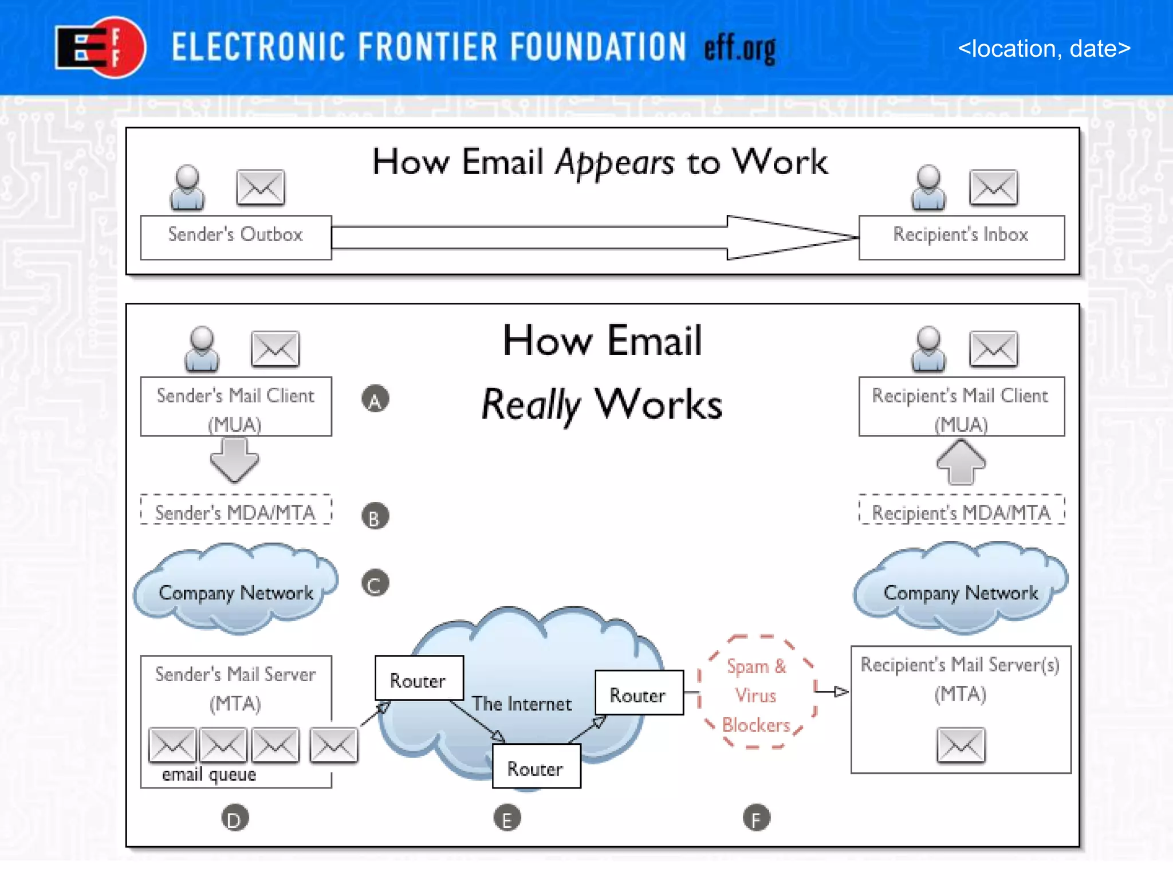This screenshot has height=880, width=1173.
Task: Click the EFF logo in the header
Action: coord(101,48)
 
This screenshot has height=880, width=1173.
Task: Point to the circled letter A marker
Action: coord(375,399)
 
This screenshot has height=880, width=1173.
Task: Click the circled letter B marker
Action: coord(375,516)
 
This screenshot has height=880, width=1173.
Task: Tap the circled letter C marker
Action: coord(375,583)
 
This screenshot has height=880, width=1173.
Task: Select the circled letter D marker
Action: coord(235,818)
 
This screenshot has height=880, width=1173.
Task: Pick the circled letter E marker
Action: coord(507,818)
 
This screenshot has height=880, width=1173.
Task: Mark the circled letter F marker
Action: coord(756,818)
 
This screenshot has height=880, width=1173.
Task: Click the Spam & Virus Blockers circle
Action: coord(757,693)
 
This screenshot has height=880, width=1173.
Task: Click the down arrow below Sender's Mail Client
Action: coord(234,459)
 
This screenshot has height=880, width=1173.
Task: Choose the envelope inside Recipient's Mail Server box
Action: coord(961,745)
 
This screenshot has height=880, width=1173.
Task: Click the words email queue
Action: coord(209,775)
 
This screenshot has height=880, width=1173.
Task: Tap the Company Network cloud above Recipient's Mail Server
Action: coord(961,590)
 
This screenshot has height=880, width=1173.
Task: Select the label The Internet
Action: coord(521,704)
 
